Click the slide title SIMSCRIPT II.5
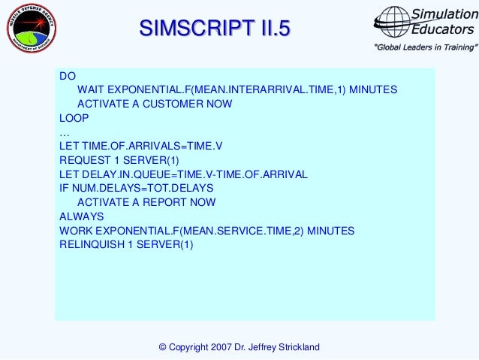[214, 29]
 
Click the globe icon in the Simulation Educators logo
[393, 22]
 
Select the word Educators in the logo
[442, 29]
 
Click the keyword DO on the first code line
[68, 76]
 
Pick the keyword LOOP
[74, 118]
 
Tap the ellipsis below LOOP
[64, 132]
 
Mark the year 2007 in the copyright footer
[221, 346]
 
